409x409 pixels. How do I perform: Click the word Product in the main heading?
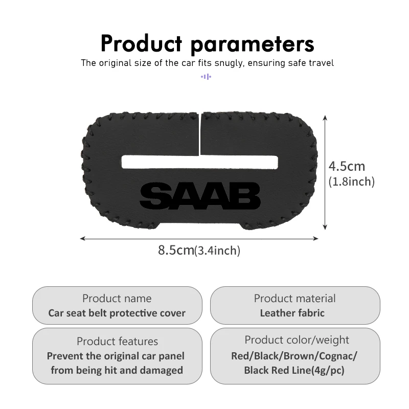141,43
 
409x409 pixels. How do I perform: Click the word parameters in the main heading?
253,45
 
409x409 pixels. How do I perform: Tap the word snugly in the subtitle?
229,63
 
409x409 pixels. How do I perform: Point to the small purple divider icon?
206,77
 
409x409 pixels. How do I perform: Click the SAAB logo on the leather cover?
200,196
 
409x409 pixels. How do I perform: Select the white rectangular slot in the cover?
200,162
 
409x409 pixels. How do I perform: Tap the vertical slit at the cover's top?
199,134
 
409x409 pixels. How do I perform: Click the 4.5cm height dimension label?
347,166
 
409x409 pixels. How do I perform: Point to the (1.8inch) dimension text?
351,181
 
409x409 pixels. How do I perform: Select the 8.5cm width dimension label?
176,250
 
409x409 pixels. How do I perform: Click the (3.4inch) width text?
217,251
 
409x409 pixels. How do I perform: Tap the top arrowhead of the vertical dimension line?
325,118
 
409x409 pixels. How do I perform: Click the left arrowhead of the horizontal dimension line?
83,238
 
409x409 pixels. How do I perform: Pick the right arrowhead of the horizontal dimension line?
315,238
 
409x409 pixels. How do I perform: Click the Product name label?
117,299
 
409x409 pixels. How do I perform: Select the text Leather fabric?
292,313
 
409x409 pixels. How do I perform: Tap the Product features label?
118,341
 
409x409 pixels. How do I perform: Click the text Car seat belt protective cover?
117,313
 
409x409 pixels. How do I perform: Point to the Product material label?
295,299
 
